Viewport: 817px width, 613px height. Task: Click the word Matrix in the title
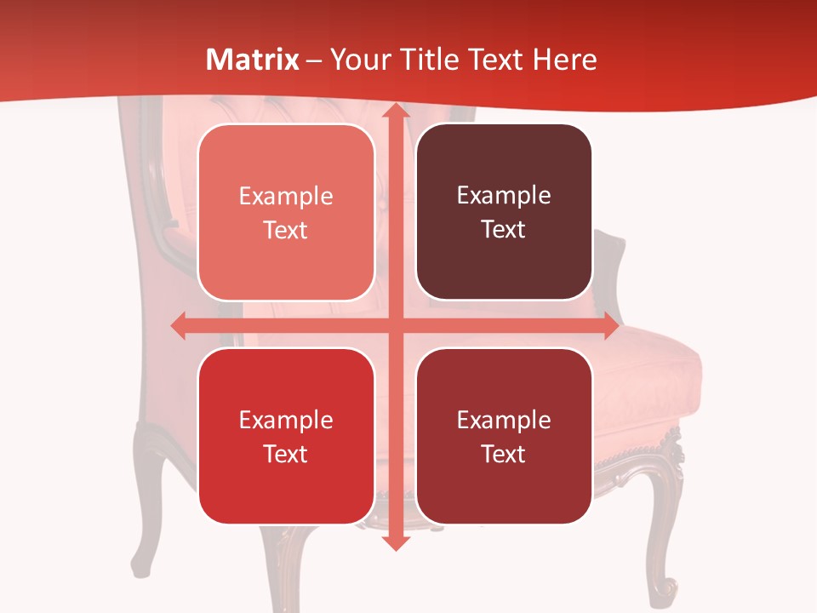253,60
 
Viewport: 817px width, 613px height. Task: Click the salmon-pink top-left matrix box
286,213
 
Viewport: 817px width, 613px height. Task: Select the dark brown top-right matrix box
504,212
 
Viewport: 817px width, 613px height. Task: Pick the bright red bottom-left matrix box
286,436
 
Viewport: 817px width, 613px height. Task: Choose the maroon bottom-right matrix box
504,436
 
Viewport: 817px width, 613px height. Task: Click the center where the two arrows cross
395,326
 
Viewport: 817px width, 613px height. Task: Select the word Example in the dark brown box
504,195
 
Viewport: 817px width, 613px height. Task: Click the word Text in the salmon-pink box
286,231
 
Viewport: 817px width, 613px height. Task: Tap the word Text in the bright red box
286,454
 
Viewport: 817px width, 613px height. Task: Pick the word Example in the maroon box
504,420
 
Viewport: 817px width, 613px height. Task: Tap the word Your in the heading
358,60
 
